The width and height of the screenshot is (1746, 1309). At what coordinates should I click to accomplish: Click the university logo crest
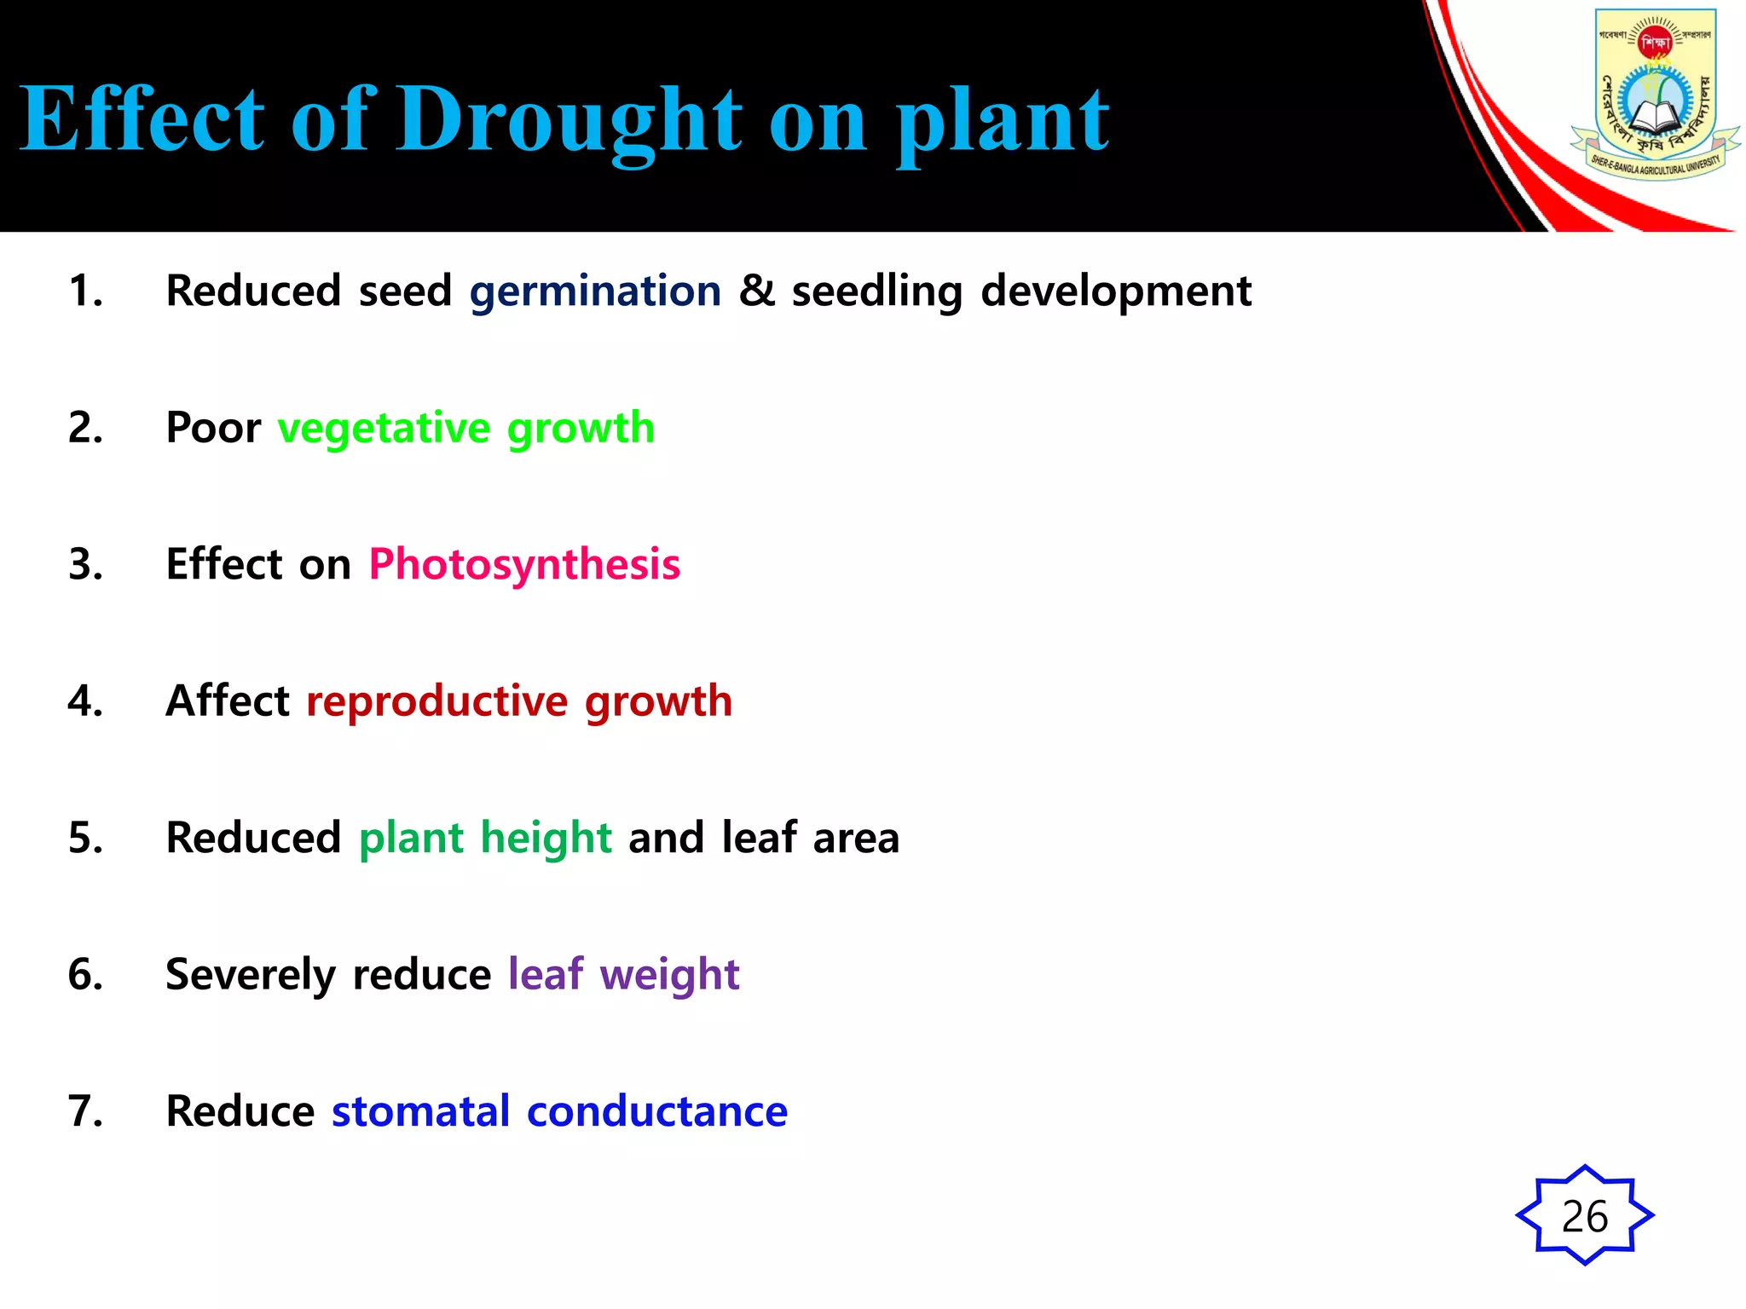click(x=1655, y=94)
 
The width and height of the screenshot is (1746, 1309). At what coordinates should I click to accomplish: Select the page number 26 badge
click(x=1585, y=1215)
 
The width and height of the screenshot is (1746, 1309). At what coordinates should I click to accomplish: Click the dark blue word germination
click(x=595, y=291)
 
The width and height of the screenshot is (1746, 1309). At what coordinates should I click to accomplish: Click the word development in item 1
click(x=1116, y=291)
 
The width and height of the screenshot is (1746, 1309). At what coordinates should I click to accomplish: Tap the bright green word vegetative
click(x=384, y=428)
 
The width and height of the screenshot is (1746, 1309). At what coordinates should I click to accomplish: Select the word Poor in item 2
click(x=213, y=427)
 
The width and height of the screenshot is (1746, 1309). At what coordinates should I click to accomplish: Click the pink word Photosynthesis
click(x=524, y=565)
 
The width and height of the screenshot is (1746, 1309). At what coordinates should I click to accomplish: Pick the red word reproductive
click(x=436, y=701)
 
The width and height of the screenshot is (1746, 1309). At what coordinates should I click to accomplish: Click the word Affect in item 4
click(x=228, y=701)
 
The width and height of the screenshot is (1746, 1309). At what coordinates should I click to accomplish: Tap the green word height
click(x=546, y=838)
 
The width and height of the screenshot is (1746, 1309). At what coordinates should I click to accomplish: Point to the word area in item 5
click(x=856, y=839)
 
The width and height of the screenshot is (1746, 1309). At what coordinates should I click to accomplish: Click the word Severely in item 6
click(x=251, y=975)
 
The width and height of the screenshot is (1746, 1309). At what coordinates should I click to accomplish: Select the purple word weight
click(x=669, y=975)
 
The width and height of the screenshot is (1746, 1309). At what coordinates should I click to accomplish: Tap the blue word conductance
click(x=657, y=1111)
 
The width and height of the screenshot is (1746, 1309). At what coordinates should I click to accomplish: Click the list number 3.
click(x=85, y=564)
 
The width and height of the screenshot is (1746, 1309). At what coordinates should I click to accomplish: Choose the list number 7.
click(x=85, y=1111)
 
